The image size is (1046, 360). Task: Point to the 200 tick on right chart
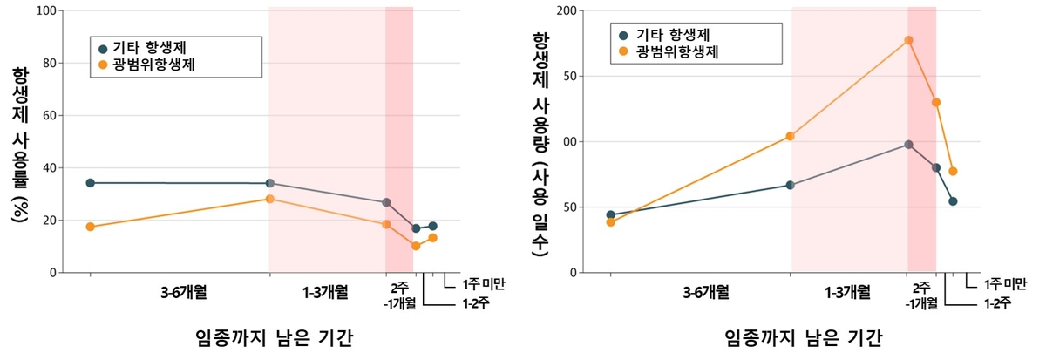(567, 11)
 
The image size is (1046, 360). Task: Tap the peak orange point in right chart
(908, 40)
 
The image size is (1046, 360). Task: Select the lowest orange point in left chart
(416, 246)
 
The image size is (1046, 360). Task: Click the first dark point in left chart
(90, 183)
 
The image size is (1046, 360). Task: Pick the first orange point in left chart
(90, 227)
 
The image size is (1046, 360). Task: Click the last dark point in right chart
(953, 201)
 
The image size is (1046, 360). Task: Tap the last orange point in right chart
(953, 171)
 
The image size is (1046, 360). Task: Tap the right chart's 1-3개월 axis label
(846, 291)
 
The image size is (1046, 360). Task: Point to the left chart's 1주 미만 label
(485, 283)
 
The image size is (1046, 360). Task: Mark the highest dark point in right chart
(908, 145)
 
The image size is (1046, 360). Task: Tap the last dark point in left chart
(432, 226)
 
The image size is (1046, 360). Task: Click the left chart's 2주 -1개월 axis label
(399, 295)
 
